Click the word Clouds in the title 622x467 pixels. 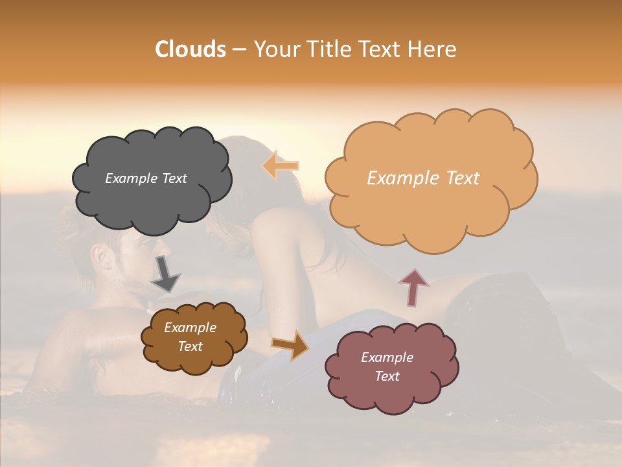point(190,49)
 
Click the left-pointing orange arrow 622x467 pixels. point(281,165)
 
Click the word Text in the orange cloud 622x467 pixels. point(458,178)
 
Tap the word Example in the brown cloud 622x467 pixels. point(190,328)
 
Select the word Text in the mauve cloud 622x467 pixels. point(387,376)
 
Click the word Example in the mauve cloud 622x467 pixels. point(387,357)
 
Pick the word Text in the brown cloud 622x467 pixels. point(190,346)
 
